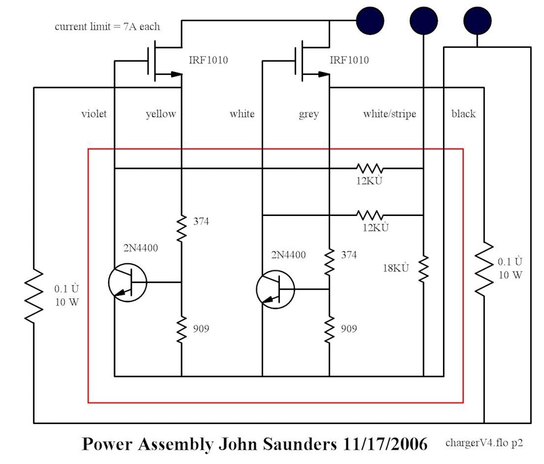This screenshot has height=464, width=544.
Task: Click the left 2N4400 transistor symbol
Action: coord(128,283)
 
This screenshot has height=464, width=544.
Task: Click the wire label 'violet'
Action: coord(94,114)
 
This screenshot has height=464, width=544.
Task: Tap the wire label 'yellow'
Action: coord(161,114)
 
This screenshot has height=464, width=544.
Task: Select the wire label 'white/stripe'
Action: coord(389,114)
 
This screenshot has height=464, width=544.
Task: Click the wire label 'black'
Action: coord(463,114)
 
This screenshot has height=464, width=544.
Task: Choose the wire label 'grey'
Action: coord(309,114)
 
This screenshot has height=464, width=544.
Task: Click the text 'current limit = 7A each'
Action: coord(108,27)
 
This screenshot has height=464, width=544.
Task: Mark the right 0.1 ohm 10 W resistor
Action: coord(484,269)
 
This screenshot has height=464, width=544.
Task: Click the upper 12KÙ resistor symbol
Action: coord(370,168)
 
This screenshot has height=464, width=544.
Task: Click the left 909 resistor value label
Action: coord(201,329)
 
